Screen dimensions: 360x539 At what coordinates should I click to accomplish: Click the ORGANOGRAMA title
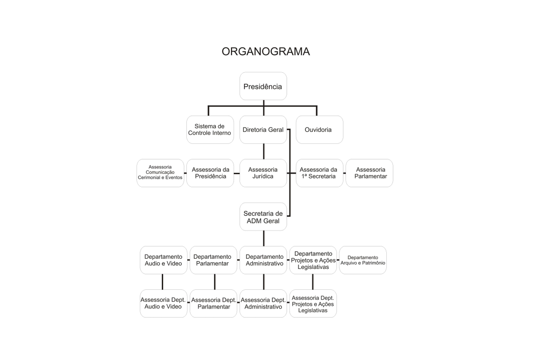[x=265, y=51]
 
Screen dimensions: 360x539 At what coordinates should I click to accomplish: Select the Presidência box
[x=263, y=86]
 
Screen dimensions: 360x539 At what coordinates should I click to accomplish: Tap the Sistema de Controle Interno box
[x=210, y=129]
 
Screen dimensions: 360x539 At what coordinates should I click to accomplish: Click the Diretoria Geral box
[x=263, y=129]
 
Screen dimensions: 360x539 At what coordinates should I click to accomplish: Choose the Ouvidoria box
[x=319, y=129]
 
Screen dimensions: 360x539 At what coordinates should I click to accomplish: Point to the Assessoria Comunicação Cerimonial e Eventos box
[x=160, y=173]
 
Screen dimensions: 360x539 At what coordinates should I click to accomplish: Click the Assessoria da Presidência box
[x=210, y=173]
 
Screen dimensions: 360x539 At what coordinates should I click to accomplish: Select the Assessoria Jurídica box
[x=263, y=173]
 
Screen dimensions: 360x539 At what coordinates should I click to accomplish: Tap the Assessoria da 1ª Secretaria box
[x=319, y=173]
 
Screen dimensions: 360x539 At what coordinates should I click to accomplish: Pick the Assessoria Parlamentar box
[x=369, y=173]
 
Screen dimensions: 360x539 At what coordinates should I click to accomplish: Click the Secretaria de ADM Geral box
[x=263, y=217]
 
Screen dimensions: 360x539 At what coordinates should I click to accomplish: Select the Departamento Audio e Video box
[x=163, y=260]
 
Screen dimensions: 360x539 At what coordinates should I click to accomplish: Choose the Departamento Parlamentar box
[x=213, y=260]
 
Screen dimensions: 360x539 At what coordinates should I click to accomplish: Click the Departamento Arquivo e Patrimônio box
[x=363, y=260]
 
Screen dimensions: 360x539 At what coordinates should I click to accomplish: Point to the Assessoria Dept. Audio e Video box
[x=163, y=303]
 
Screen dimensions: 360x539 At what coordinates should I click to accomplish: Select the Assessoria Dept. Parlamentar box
[x=213, y=303]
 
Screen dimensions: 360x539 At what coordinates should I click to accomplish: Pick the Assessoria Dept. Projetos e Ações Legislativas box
[x=313, y=303]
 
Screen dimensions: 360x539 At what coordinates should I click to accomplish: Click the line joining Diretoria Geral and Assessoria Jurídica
[x=263, y=151]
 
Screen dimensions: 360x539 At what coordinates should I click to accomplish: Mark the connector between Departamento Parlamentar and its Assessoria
[x=214, y=282]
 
